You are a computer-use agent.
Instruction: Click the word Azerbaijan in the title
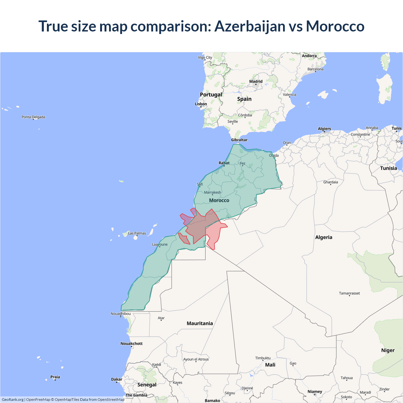tap(250, 26)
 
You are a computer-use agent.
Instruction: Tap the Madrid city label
tap(256, 82)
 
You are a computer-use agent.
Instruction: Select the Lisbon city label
tap(201, 104)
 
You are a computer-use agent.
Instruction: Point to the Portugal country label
tap(211, 94)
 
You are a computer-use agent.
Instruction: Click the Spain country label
tap(244, 99)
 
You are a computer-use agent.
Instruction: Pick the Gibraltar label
tap(239, 140)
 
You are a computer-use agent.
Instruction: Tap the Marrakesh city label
tap(213, 192)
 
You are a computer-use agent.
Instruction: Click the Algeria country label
tap(324, 237)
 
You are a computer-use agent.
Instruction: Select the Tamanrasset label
tap(349, 293)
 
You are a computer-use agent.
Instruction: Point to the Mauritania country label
tap(200, 323)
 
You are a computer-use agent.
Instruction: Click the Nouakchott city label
tap(132, 343)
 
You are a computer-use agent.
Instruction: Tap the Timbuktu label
tap(263, 358)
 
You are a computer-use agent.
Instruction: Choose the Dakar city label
tap(117, 379)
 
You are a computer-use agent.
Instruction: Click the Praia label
tap(55, 377)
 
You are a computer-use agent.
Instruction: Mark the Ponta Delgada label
tap(33, 117)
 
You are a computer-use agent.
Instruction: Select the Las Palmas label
tap(137, 233)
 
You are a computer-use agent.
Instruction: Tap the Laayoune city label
tap(160, 244)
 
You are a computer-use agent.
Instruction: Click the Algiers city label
tap(324, 129)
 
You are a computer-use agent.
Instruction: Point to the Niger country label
tap(388, 350)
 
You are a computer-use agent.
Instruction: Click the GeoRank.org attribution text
tap(13, 400)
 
